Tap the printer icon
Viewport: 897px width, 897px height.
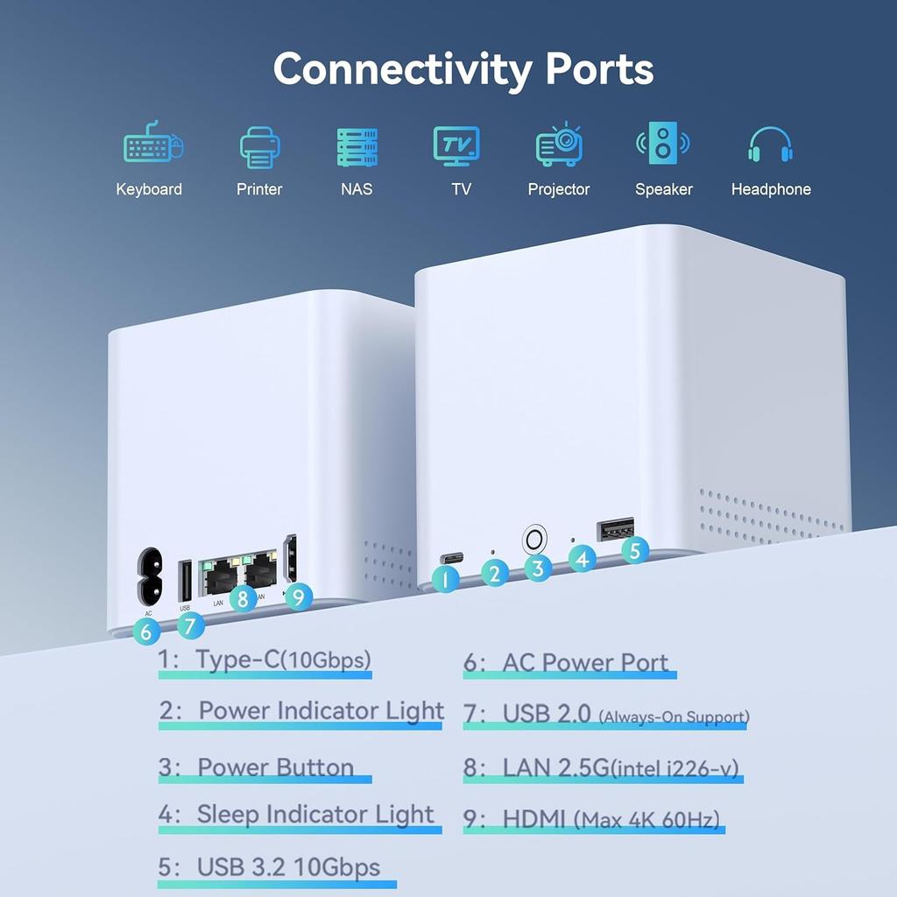(x=259, y=147)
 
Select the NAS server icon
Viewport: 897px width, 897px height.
(x=357, y=147)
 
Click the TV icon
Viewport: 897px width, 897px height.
(x=456, y=145)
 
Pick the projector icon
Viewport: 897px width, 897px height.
(x=559, y=145)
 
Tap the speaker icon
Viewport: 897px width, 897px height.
(x=663, y=144)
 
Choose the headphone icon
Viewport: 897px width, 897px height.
(x=771, y=145)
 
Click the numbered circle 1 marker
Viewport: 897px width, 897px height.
(x=446, y=578)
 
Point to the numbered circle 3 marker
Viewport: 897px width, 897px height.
(x=537, y=568)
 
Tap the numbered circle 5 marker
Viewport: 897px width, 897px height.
(x=636, y=550)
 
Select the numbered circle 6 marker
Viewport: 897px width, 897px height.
(x=146, y=631)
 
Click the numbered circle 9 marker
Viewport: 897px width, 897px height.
(x=299, y=597)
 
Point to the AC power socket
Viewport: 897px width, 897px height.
(x=149, y=576)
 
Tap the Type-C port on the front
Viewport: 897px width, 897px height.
(x=451, y=557)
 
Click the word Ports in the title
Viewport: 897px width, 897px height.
(x=599, y=68)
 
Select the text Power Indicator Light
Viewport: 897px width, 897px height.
(x=321, y=710)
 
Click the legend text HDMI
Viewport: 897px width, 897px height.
(x=534, y=820)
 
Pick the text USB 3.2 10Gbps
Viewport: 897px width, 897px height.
(x=288, y=867)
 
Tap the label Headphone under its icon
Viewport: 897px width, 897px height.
(x=771, y=189)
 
